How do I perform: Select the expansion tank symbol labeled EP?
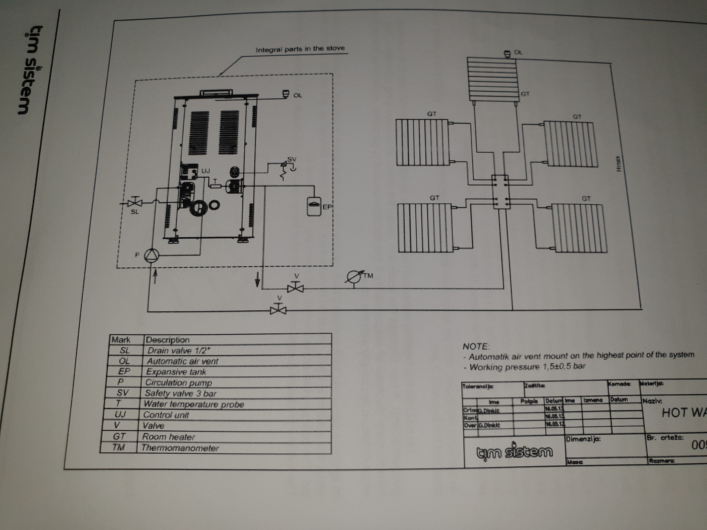[x=313, y=206]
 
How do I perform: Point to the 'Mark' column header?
[x=121, y=339]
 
